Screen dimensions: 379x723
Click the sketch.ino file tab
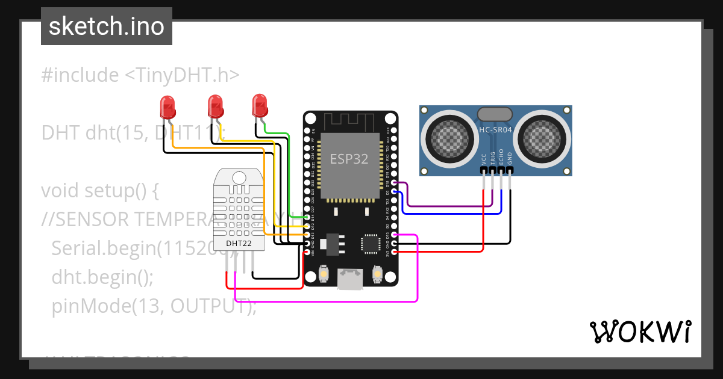[x=106, y=26]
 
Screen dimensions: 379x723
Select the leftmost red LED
[x=167, y=108]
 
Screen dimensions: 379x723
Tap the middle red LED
[x=214, y=106]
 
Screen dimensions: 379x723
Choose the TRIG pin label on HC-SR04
[x=492, y=158]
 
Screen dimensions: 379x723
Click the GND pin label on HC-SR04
[x=510, y=158]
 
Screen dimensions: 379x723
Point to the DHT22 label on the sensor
[x=239, y=244]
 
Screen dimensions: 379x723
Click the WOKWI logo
[x=640, y=331]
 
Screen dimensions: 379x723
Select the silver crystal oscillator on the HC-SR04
[x=495, y=114]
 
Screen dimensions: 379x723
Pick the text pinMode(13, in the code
[x=109, y=306]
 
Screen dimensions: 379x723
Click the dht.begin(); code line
[x=102, y=277]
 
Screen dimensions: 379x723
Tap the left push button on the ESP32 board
[x=324, y=274]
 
